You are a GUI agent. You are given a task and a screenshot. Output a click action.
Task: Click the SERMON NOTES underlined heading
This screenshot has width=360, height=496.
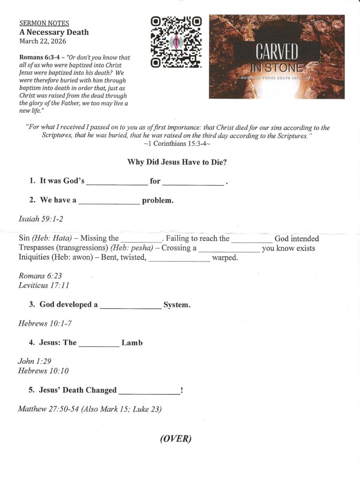click(x=44, y=23)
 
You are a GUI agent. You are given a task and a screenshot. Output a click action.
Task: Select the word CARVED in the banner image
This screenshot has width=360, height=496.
click(x=278, y=52)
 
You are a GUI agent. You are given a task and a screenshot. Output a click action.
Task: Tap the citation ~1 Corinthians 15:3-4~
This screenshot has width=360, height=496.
click(x=177, y=144)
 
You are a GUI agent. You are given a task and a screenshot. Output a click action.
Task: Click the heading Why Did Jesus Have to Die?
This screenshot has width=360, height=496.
click(x=177, y=162)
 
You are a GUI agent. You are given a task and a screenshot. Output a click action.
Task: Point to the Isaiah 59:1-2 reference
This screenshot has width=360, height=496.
click(x=41, y=219)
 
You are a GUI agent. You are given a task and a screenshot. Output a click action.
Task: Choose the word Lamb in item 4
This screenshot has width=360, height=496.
click(x=132, y=343)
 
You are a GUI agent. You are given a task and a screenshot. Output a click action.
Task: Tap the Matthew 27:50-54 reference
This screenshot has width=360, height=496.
click(x=48, y=409)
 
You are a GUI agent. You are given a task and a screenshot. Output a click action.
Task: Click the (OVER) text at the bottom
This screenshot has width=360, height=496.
click(x=176, y=439)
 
